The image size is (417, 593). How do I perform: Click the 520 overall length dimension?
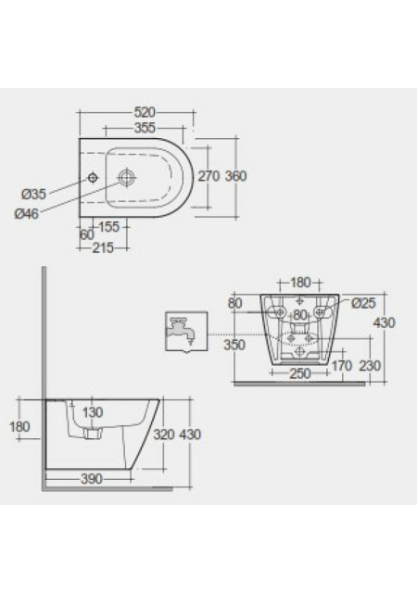click(145, 112)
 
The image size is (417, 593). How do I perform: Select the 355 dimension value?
click(145, 128)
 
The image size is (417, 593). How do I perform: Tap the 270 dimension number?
click(208, 176)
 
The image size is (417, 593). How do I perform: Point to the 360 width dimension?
click(235, 176)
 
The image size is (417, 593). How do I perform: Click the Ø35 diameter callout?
click(33, 195)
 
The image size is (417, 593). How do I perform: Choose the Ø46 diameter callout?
click(27, 214)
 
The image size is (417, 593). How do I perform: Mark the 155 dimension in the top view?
click(108, 227)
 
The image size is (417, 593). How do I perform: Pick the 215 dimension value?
click(103, 248)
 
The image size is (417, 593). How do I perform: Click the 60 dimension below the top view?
click(87, 234)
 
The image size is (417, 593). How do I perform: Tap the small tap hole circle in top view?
click(93, 177)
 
